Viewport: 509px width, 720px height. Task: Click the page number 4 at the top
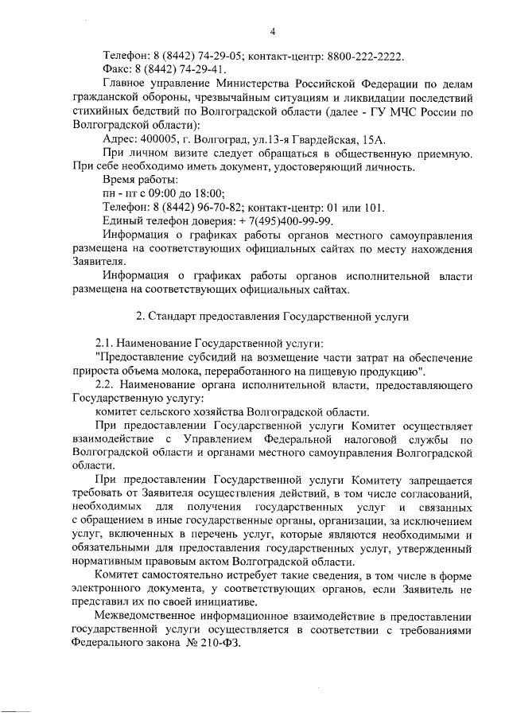click(273, 32)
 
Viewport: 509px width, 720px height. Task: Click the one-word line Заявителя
click(98, 262)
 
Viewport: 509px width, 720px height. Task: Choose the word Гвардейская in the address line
click(319, 138)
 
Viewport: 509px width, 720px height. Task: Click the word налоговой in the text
click(360, 439)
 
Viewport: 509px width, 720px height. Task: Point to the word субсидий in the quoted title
click(216, 357)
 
